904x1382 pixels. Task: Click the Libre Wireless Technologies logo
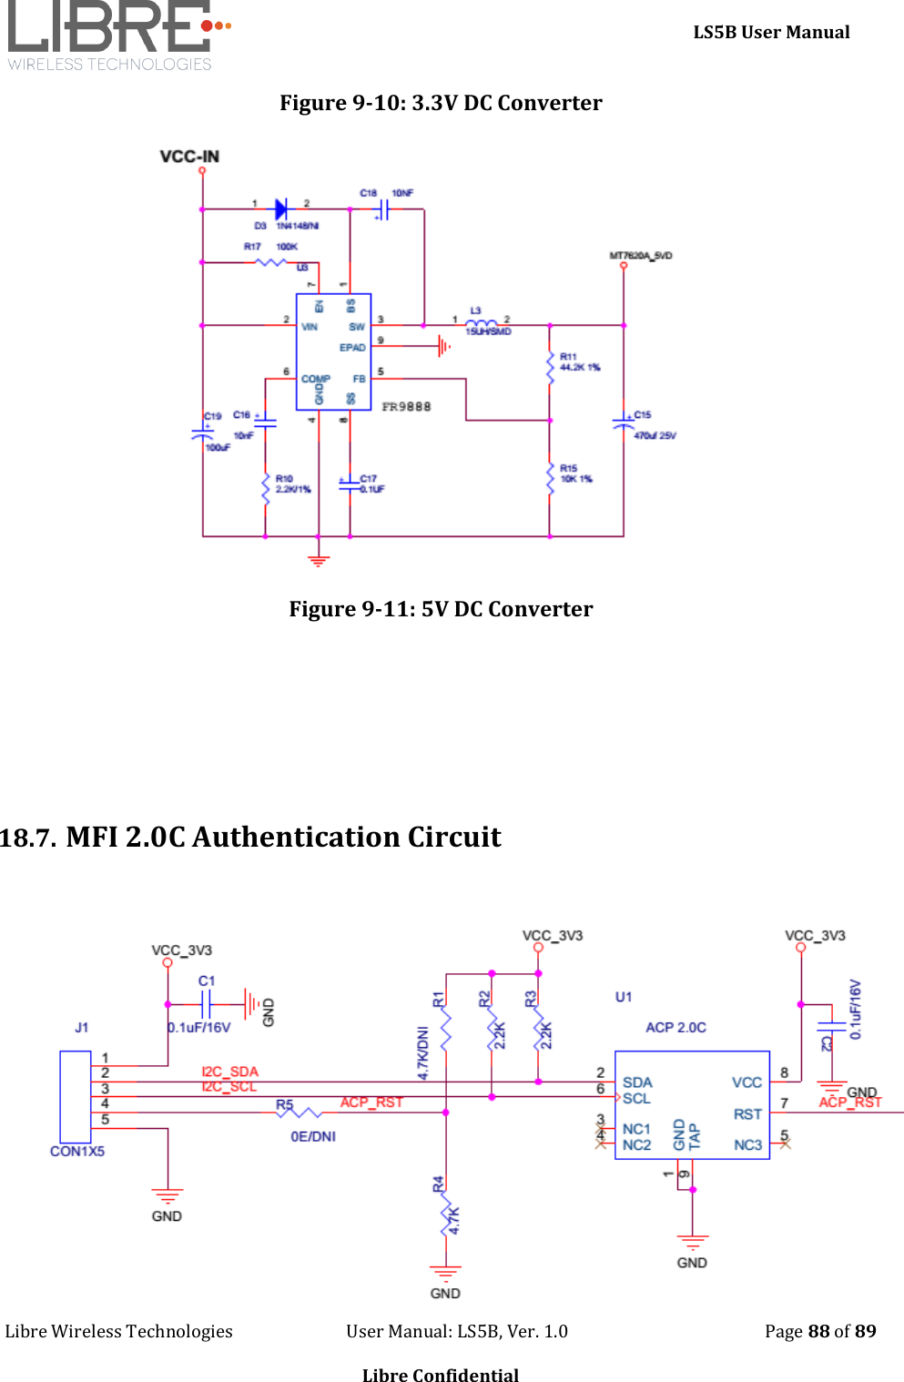[118, 36]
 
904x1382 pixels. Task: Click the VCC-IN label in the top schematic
[189, 157]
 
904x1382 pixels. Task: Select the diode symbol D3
[281, 209]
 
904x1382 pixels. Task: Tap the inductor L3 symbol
[481, 323]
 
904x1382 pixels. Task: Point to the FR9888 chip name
[406, 407]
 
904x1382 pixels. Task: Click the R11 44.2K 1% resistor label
[579, 362]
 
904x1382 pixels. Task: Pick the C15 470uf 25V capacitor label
[654, 425]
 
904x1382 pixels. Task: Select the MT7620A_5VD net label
[640, 256]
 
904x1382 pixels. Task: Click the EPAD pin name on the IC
[352, 348]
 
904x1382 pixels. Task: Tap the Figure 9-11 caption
[441, 609]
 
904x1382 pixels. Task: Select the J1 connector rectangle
[76, 1096]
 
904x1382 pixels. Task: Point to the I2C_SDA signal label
[229, 1072]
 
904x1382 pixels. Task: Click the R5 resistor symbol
[299, 1113]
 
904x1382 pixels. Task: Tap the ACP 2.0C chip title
[675, 1027]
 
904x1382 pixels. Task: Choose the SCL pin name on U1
[636, 1099]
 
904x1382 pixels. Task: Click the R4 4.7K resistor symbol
[446, 1217]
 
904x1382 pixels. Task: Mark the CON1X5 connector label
[77, 1152]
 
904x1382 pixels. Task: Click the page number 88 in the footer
[818, 1331]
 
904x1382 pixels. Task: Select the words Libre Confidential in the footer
[441, 1375]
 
